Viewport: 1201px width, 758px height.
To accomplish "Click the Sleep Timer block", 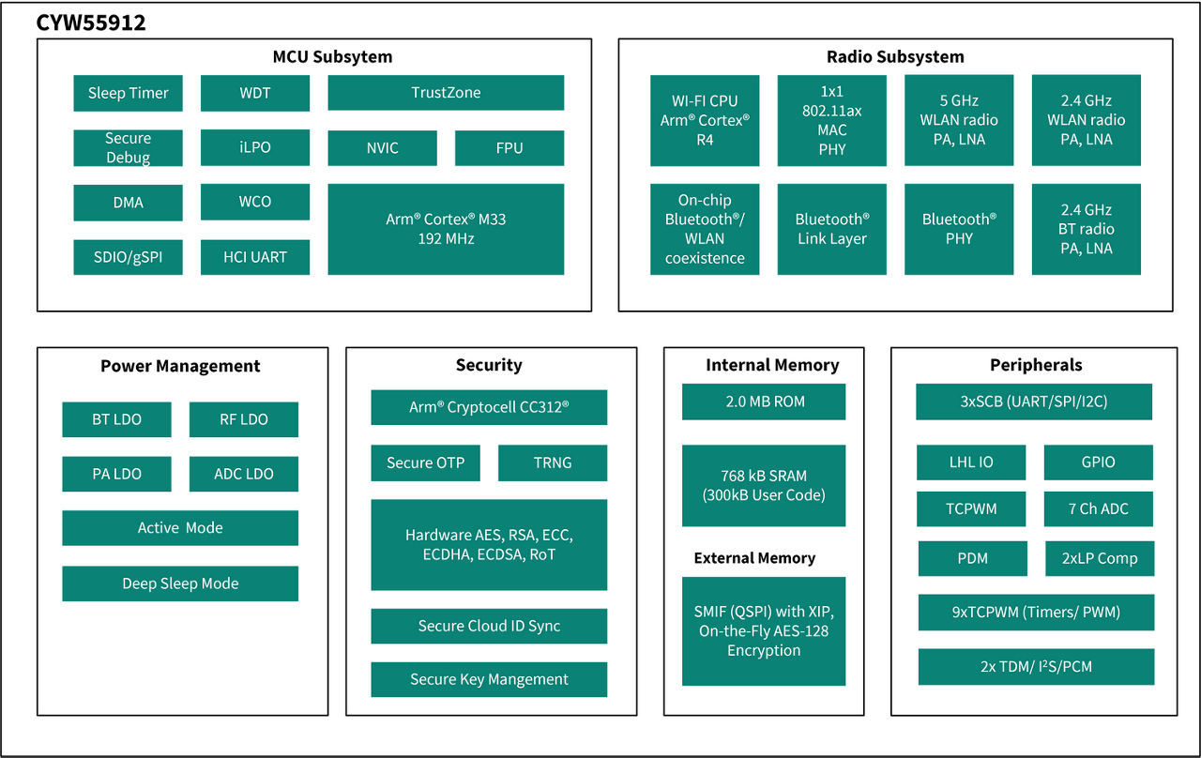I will click(x=128, y=93).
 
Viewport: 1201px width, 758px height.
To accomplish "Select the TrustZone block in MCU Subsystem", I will click(x=446, y=93).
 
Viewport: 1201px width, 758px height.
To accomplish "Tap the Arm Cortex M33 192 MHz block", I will click(x=446, y=229).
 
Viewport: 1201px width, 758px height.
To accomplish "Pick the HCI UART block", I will click(x=254, y=257).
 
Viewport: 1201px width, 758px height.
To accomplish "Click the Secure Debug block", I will click(x=128, y=148).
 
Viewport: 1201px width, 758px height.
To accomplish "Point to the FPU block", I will click(x=509, y=148).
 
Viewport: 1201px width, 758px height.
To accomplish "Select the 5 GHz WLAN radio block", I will click(x=959, y=120).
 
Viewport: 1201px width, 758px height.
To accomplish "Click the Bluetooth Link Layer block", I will click(x=831, y=229).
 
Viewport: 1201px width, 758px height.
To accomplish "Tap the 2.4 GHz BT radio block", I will click(x=1086, y=229).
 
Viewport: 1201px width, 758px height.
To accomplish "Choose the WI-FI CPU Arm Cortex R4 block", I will click(x=705, y=120).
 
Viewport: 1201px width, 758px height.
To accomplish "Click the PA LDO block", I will click(x=116, y=474).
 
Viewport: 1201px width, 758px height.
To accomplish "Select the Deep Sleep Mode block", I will click(x=180, y=584).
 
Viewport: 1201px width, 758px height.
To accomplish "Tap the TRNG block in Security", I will click(x=553, y=462).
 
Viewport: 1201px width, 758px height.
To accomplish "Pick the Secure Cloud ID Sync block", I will click(x=489, y=626).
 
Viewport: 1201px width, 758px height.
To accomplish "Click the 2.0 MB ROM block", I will click(x=764, y=402).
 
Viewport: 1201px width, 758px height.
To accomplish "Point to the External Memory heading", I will click(x=754, y=558).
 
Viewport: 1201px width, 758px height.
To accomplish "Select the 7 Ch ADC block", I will click(x=1098, y=508).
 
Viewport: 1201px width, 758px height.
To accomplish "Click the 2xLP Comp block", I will click(x=1100, y=558).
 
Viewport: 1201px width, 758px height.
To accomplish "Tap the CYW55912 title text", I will click(x=91, y=23).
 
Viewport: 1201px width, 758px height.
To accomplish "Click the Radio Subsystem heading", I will click(x=895, y=56).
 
